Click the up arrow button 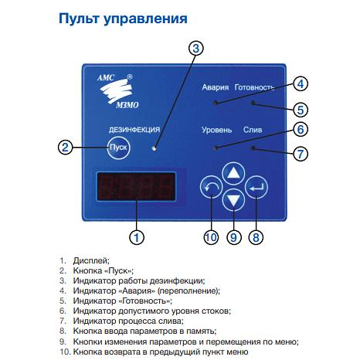(233, 173)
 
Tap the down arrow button (233, 199)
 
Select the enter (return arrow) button (256, 187)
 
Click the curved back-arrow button (211, 187)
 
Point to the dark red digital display (136, 186)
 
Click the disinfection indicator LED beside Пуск (155, 148)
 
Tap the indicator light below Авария (216, 103)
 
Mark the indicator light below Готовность (253, 103)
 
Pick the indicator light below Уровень (216, 148)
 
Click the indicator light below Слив (253, 148)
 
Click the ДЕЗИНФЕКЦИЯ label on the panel (134, 130)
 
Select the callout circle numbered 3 (196, 49)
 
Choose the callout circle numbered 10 (211, 237)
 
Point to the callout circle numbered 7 (301, 154)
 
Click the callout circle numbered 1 (137, 237)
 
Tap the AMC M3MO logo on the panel (118, 91)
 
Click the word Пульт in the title (79, 19)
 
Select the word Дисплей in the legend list (91, 260)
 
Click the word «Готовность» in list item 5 (145, 301)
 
